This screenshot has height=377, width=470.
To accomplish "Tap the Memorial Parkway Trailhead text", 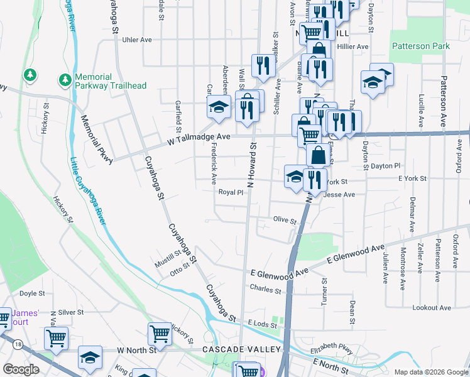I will pyautogui.click(x=111, y=81).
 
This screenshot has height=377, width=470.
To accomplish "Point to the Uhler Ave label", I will pyautogui.click(x=138, y=40).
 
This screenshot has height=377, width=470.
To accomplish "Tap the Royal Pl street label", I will pyautogui.click(x=231, y=192).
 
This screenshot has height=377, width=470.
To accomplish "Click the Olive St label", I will pyautogui.click(x=284, y=221).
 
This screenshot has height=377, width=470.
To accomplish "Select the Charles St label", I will pyautogui.click(x=265, y=290).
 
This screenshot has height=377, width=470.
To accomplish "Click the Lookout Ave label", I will pyautogui.click(x=432, y=308).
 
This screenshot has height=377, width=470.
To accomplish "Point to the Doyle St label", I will pyautogui.click(x=32, y=293).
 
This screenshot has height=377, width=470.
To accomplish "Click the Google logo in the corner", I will pyautogui.click(x=21, y=369).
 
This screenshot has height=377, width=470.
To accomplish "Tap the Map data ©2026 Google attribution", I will pyautogui.click(x=430, y=372).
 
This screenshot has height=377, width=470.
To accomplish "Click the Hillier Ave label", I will pyautogui.click(x=352, y=46).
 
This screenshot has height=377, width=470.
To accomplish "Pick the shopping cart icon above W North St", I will pyautogui.click(x=160, y=334).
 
